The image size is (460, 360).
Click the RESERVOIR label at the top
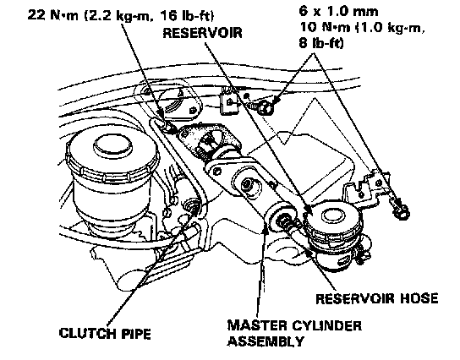point(202,33)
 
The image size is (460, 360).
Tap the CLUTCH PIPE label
point(105,334)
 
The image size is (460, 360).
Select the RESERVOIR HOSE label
point(376,298)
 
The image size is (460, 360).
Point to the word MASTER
point(257,325)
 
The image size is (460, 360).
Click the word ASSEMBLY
point(266,341)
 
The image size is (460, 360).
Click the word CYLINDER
point(326,325)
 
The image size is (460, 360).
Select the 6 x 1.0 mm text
point(338,12)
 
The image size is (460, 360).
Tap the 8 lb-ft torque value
point(321,43)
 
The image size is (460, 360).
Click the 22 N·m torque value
point(53,14)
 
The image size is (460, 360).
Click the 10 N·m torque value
point(325,27)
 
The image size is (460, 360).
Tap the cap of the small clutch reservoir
point(333,217)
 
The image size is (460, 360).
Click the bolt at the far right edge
point(401,209)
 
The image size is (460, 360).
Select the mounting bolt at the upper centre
point(263,106)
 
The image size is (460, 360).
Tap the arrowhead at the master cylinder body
point(266,227)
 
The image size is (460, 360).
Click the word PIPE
point(136,334)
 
